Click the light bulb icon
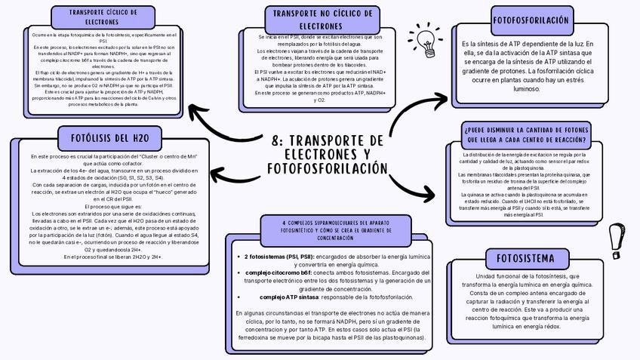click(426, 38)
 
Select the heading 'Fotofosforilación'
click(531, 20)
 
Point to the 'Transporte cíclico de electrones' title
click(103, 17)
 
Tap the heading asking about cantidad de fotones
click(526, 134)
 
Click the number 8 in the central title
click(275, 140)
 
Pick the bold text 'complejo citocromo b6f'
click(275, 272)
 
